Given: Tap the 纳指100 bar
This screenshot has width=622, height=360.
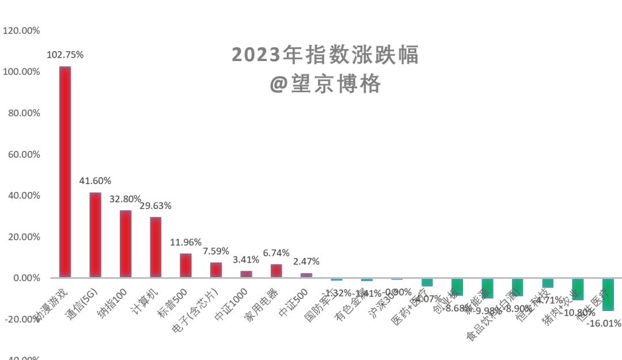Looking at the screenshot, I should coord(126,244).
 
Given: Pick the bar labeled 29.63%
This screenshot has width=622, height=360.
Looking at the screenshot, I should coord(155,247).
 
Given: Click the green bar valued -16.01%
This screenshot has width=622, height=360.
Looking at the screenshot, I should coord(608,294).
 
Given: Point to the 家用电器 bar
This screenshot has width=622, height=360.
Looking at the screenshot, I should coord(276,271).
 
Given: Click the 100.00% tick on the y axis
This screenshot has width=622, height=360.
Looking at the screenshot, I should coord(21,71).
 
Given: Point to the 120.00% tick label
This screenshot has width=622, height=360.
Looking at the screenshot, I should coord(21,31).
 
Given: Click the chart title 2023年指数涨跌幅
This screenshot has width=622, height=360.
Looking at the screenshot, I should coord(325,55).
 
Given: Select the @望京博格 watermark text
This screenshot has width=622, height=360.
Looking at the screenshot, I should coord(325,84).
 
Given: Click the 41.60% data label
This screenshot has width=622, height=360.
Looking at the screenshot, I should coord(95,181).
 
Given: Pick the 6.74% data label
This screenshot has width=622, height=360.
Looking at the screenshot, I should coord(276,253).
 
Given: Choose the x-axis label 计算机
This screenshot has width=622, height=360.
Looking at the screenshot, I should coord(144,300).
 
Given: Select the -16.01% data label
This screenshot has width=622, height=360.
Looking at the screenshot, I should coord(604,324).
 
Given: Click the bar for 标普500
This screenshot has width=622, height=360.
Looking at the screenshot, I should coord(185,266).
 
